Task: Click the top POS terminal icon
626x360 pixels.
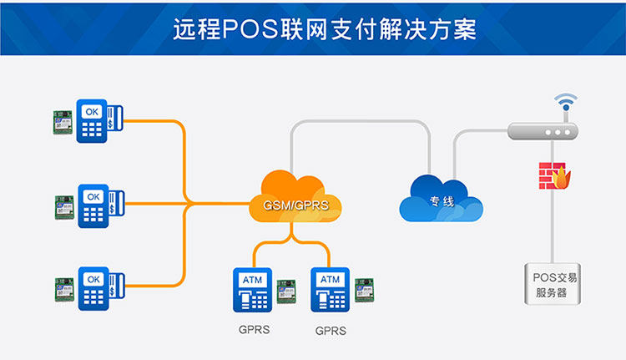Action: point(98,120)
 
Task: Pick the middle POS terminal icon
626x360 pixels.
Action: point(98,205)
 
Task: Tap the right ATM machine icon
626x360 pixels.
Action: point(331,289)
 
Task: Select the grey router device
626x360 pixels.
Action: point(543,131)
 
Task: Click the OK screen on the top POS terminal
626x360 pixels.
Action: point(92,109)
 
